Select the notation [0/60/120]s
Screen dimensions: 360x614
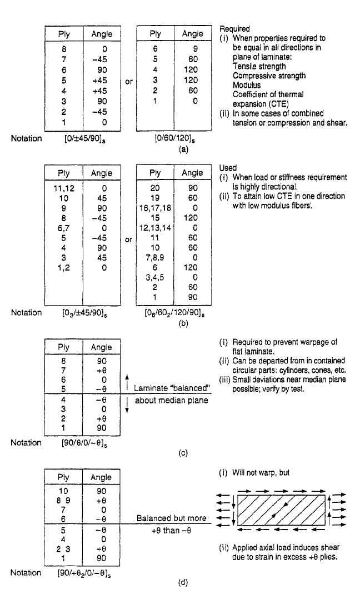(173, 139)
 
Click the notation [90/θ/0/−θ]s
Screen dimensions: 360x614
(82, 443)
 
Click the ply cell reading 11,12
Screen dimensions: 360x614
(64, 188)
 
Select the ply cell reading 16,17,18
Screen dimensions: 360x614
(155, 208)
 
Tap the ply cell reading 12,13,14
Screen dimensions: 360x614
(155, 228)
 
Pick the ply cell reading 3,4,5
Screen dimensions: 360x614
(155, 278)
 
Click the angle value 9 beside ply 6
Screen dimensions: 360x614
(195, 49)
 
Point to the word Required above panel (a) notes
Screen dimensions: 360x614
(234, 29)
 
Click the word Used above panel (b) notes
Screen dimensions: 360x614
(228, 168)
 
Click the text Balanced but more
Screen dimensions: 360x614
(171, 518)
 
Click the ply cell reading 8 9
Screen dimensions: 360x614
(63, 501)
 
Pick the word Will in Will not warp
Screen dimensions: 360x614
(239, 473)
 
